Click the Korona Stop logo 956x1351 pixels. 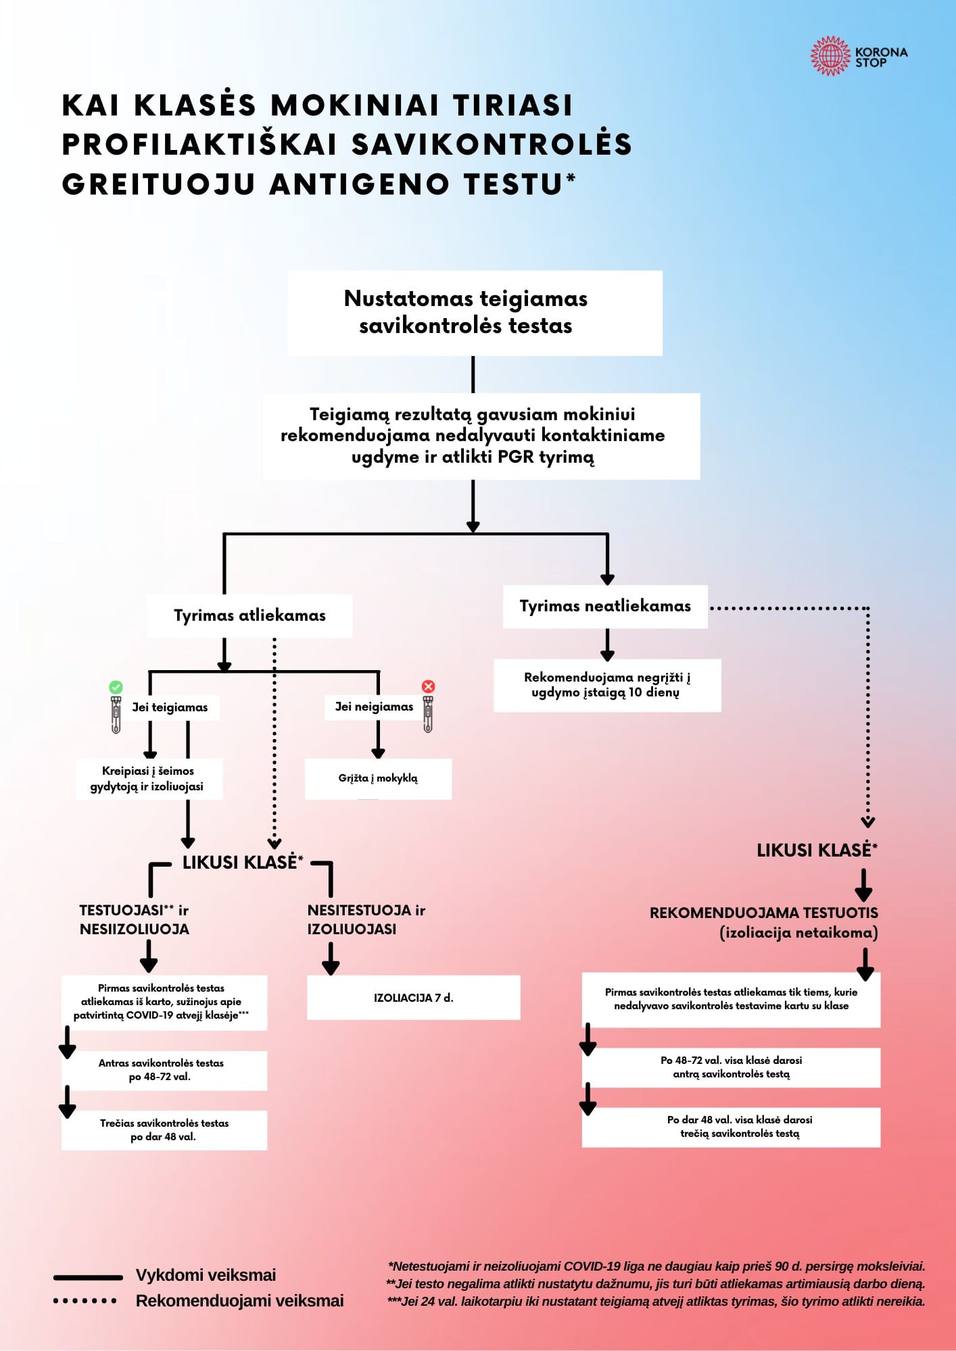(859, 57)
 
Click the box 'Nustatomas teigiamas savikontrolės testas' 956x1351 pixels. (475, 313)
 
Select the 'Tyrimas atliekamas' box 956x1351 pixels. (249, 615)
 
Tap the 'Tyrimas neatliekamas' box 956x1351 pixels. (605, 607)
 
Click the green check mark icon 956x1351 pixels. (116, 687)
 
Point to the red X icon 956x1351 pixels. (428, 686)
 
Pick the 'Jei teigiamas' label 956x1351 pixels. (170, 707)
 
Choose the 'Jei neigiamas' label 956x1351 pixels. (374, 707)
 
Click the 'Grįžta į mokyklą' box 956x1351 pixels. (378, 778)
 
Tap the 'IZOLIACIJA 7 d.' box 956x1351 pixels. (413, 997)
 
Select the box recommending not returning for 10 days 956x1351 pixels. (606, 685)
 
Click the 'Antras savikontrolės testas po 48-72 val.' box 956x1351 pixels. (164, 1070)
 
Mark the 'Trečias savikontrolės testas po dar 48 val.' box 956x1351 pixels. (164, 1129)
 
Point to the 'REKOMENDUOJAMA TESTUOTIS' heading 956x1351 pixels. (764, 913)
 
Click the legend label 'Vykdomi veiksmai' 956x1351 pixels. (206, 1275)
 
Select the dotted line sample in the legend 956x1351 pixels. (85, 1301)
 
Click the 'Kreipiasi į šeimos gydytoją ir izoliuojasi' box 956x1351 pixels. (149, 779)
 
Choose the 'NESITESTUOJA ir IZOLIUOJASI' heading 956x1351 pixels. (366, 919)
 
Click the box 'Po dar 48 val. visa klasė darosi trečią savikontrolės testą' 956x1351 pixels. (731, 1127)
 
